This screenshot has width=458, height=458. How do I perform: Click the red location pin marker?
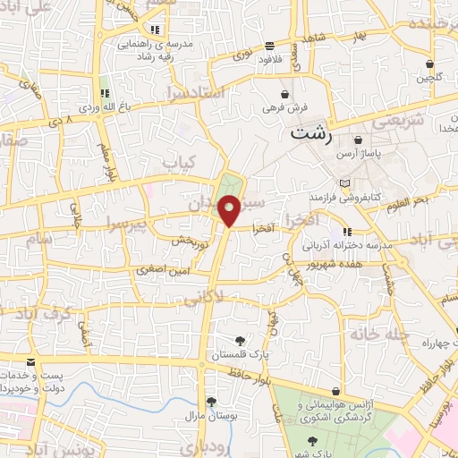click(x=230, y=211)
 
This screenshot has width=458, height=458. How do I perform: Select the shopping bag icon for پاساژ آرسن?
click(x=358, y=140)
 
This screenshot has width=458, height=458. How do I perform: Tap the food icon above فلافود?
click(x=269, y=47)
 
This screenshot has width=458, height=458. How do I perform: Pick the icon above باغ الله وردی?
click(x=105, y=92)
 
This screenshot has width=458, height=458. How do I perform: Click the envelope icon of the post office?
click(x=32, y=361)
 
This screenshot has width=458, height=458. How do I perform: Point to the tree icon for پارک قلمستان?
click(x=239, y=339)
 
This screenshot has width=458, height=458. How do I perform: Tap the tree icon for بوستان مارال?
click(x=210, y=402)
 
